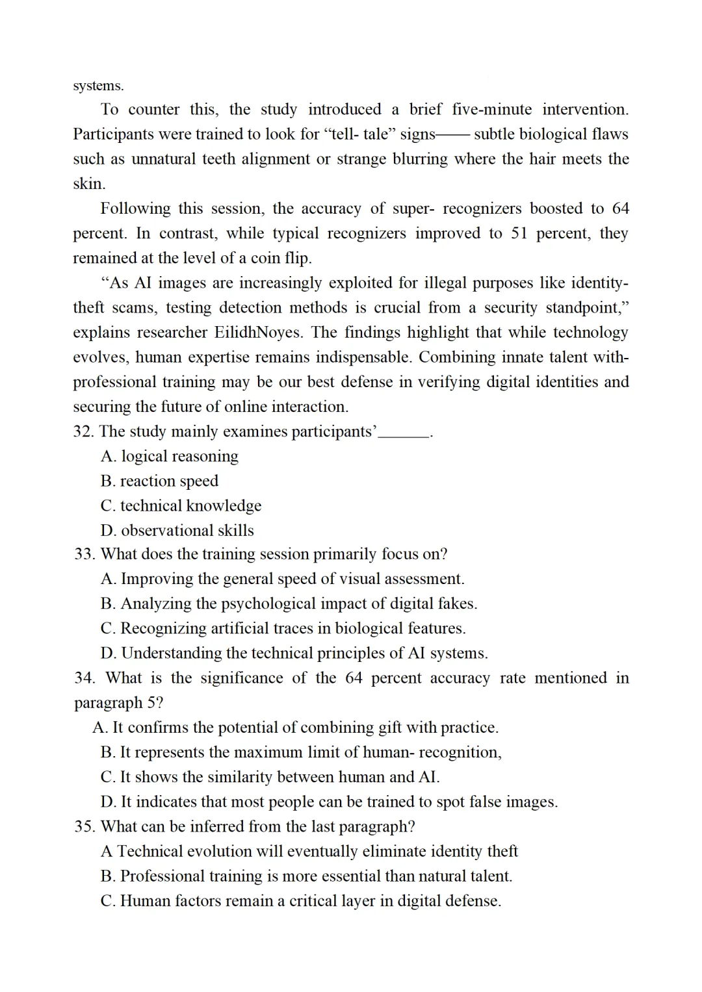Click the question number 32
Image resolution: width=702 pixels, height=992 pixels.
pos(84,432)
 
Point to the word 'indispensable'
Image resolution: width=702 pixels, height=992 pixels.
pos(356,357)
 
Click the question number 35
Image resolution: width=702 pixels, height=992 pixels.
pos(84,827)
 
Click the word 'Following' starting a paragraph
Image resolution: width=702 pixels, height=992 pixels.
pos(135,209)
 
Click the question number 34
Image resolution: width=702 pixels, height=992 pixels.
pos(84,678)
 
